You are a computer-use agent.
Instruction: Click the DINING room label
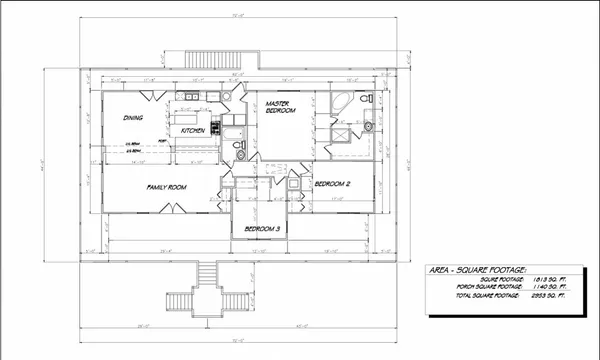(133, 118)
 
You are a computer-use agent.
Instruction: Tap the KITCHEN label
(194, 131)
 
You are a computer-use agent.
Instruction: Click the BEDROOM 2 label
(332, 185)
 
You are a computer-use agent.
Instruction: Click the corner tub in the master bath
(340, 102)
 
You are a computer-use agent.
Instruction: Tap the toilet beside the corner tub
(367, 98)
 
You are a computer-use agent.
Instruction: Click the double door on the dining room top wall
(148, 94)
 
